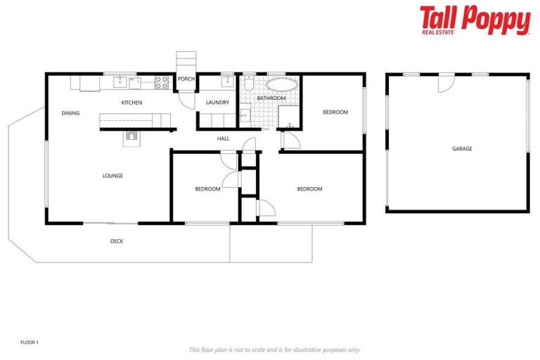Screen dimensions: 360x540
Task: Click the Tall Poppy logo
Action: point(475,20)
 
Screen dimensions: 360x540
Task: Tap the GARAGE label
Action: point(462,148)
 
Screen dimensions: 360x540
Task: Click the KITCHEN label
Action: point(131,103)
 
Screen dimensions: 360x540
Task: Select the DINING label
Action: point(70,113)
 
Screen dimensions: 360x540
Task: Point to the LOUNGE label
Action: point(112,176)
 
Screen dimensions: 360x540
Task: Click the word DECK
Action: point(117,241)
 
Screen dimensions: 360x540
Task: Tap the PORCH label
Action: point(186,79)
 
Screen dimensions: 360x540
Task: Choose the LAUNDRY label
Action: point(217,103)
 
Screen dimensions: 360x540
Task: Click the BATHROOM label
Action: point(271,98)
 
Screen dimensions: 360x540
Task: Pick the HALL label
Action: point(223,139)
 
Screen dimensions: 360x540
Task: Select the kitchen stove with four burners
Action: point(161,82)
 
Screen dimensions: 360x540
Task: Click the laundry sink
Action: point(227,81)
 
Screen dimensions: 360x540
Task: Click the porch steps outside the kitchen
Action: point(184,62)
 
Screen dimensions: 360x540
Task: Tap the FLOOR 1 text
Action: point(30,342)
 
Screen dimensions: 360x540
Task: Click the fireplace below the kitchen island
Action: point(131,137)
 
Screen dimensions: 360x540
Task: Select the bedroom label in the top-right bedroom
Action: point(335,112)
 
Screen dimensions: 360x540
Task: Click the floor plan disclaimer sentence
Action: point(274,349)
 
